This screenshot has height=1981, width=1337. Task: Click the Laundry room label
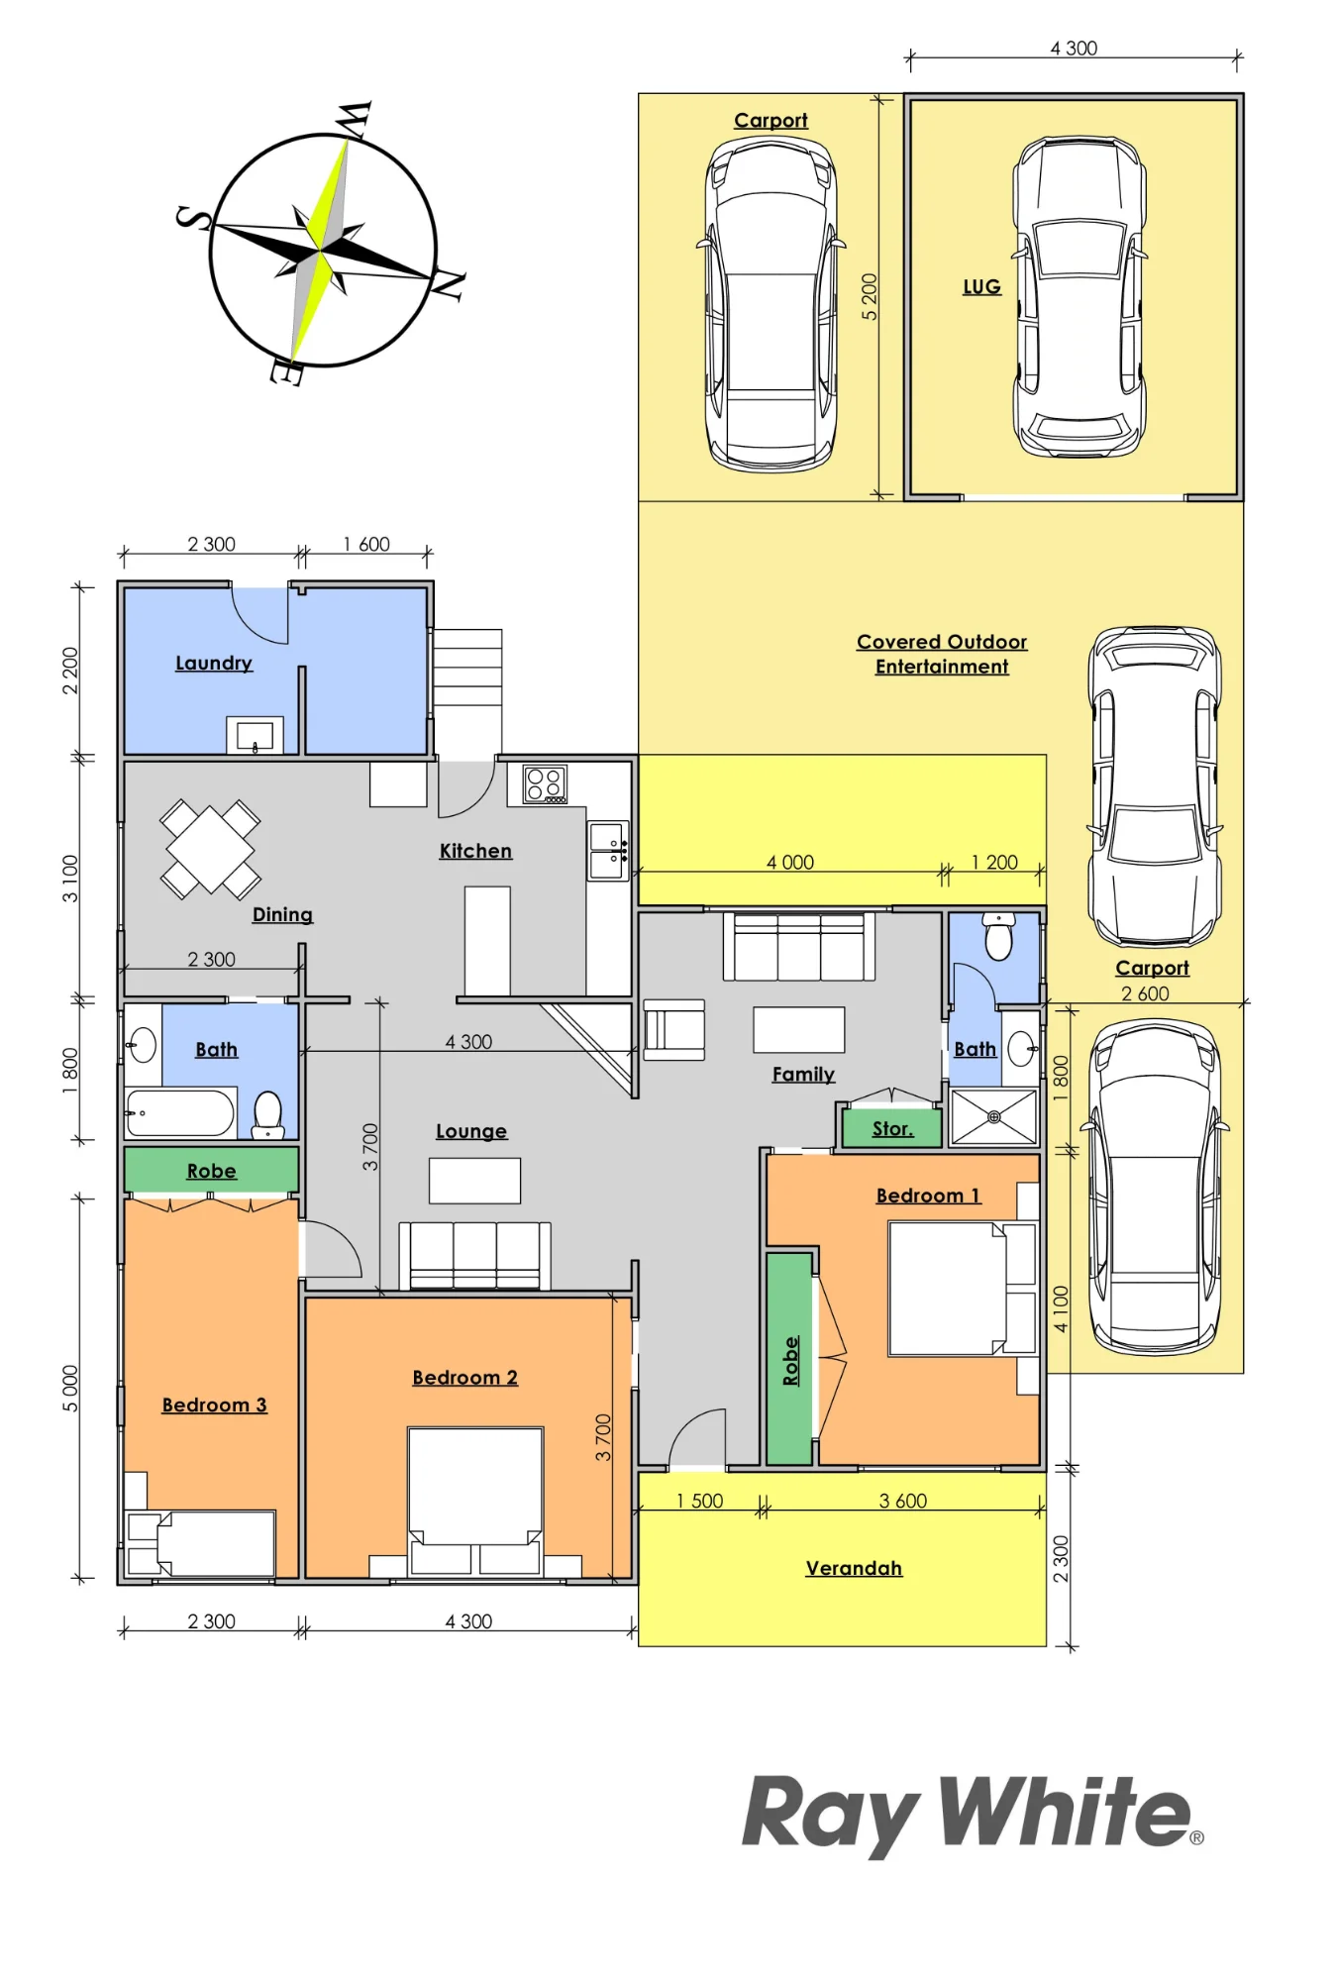(214, 664)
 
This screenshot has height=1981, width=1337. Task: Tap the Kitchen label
(475, 851)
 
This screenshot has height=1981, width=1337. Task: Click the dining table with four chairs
(210, 849)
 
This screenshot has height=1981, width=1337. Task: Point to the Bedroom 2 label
(465, 1378)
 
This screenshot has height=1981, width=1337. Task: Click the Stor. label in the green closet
(892, 1129)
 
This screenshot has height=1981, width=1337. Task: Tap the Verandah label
(854, 1568)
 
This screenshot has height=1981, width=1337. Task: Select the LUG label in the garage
(981, 287)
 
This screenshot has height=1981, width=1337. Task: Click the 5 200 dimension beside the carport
(869, 296)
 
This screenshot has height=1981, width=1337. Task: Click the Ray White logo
(973, 1815)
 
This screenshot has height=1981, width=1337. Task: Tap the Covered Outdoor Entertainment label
(942, 654)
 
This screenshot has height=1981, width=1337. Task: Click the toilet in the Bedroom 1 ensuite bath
(998, 936)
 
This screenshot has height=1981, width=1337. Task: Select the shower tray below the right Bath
(993, 1117)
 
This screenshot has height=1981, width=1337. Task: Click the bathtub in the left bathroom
(180, 1112)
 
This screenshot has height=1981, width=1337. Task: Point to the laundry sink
(255, 735)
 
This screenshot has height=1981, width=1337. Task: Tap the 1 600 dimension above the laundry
(366, 544)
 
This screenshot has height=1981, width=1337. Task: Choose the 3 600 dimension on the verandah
(903, 1501)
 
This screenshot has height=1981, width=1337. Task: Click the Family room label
(803, 1075)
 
